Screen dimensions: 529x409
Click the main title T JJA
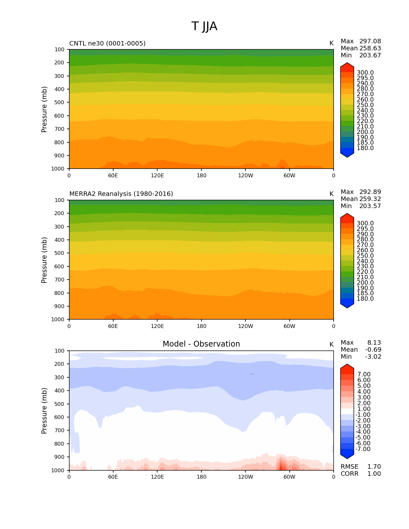(204, 26)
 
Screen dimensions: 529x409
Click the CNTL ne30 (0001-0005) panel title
(107, 43)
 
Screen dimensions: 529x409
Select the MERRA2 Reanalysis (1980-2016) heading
(121, 194)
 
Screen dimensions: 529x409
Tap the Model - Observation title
(201, 344)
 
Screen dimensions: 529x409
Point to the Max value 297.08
(370, 41)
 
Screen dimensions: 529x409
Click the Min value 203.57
(370, 206)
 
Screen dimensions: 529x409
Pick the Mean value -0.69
(373, 350)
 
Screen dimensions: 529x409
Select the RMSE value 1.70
(374, 467)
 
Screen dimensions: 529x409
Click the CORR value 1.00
(374, 474)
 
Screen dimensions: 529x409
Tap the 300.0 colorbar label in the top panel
(365, 73)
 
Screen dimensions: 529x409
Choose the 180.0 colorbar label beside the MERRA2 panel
(365, 299)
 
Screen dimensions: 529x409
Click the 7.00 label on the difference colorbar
(364, 374)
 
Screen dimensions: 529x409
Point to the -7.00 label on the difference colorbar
(363, 449)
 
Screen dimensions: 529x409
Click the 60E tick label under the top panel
(113, 176)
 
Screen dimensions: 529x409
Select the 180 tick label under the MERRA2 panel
(201, 326)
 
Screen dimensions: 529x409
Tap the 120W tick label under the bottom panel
(245, 477)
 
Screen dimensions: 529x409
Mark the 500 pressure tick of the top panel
(59, 103)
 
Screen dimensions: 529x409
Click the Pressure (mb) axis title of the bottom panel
(44, 411)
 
